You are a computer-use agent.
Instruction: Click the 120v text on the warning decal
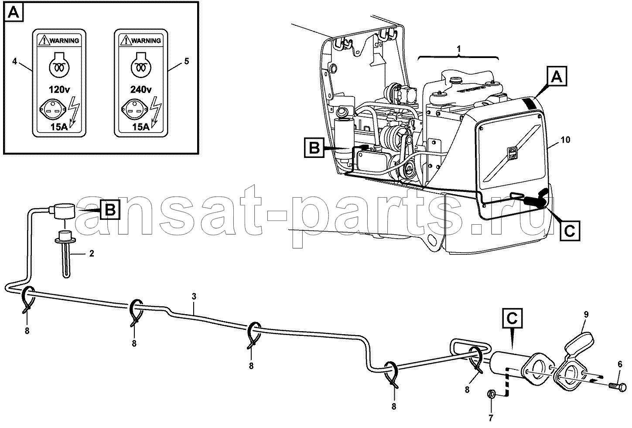[59, 90]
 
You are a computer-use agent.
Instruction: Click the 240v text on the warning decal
[141, 90]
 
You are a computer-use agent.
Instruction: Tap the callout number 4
[15, 61]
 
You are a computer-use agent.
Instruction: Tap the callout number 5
[187, 61]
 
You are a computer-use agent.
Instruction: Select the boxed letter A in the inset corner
[14, 12]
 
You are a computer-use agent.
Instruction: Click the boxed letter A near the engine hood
[557, 76]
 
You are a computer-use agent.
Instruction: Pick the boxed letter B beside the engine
[314, 147]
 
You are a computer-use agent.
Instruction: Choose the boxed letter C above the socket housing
[512, 318]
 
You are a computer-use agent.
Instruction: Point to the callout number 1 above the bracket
[459, 49]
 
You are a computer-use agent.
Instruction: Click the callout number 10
[565, 140]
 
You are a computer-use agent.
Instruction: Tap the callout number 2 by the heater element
[92, 253]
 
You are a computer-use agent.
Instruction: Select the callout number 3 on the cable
[194, 297]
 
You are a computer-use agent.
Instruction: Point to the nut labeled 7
[491, 394]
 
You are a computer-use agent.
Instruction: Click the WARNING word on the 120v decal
[64, 41]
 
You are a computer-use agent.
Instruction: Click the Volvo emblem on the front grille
[512, 153]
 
